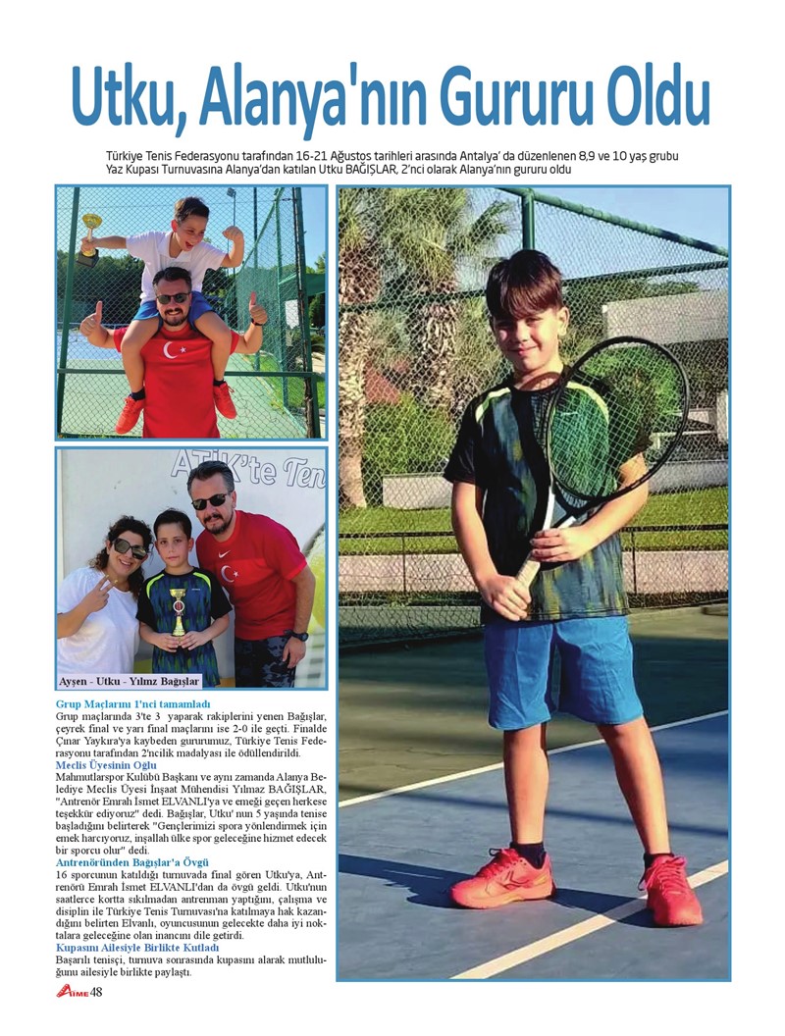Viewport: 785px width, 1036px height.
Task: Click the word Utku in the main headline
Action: [127, 94]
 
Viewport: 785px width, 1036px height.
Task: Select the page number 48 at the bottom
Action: [96, 992]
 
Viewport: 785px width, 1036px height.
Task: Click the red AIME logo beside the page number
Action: [72, 992]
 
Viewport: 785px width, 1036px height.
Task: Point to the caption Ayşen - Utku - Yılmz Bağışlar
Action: [129, 681]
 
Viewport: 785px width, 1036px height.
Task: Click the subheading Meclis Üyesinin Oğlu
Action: [105, 764]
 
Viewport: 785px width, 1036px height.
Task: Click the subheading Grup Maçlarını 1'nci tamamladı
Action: [132, 704]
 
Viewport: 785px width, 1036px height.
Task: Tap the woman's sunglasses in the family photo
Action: [130, 547]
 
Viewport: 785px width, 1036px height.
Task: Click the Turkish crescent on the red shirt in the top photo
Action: [174, 349]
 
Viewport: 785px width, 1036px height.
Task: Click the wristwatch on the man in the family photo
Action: [297, 636]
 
